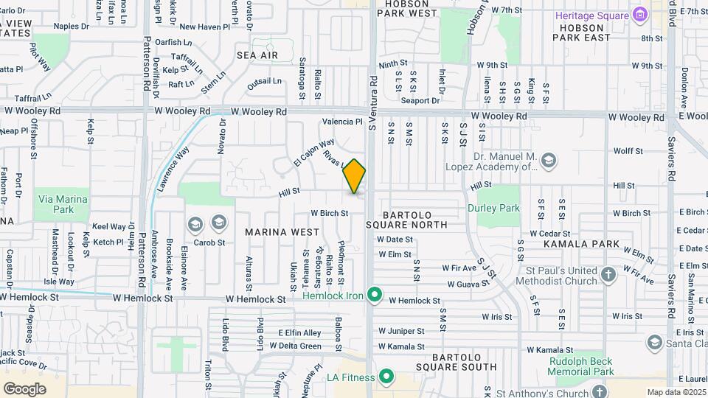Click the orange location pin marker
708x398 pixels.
[355, 176]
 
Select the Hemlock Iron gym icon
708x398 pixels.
[375, 296]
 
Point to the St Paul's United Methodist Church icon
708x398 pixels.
[608, 276]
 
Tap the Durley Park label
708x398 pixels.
[493, 208]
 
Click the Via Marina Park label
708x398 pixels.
[60, 204]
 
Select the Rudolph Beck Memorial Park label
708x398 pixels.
[581, 366]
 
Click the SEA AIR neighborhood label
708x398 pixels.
[257, 55]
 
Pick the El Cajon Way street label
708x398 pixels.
[313, 151]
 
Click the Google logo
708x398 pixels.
[24, 388]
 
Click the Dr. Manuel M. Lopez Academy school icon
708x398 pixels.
[548, 160]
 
